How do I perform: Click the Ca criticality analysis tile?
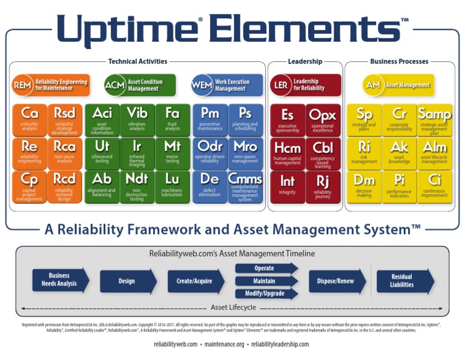coord(30,119)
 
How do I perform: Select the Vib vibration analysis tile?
coord(137,119)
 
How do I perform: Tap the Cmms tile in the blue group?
coord(245,186)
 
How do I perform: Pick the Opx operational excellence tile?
coord(323,119)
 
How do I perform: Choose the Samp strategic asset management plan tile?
coord(434,119)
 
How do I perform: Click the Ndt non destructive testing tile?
coord(137,186)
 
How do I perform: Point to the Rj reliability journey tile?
coord(323,186)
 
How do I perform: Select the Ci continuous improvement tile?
coord(434,186)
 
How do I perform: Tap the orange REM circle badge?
coord(22,85)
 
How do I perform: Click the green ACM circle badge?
coord(114,85)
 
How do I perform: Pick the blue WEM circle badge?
coord(202,85)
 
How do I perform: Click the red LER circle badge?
coord(281,85)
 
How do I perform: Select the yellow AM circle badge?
coord(373,85)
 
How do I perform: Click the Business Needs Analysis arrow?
coord(60,280)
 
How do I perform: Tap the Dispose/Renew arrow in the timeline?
coord(337,281)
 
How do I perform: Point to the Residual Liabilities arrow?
coord(404,281)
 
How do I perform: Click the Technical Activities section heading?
coord(138,61)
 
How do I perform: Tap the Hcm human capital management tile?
coord(287,153)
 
